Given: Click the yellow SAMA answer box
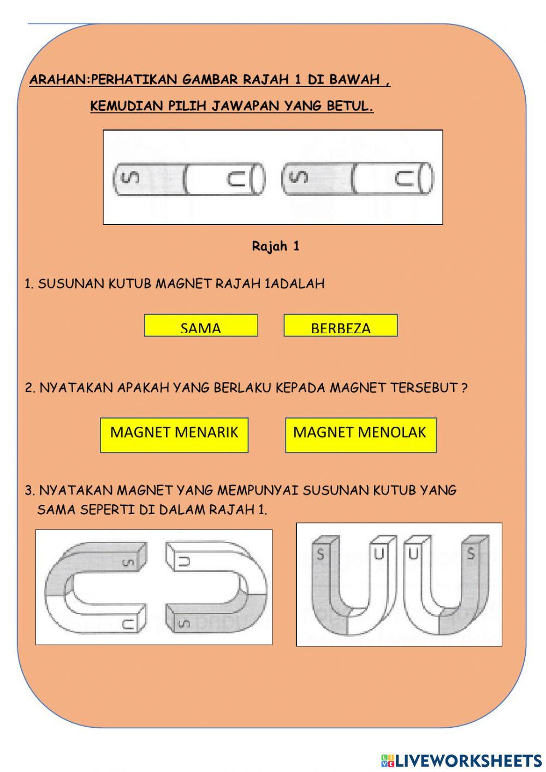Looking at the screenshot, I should pyautogui.click(x=201, y=326).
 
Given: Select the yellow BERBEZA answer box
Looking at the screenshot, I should pyautogui.click(x=341, y=326).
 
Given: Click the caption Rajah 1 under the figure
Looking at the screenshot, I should pyautogui.click(x=276, y=246).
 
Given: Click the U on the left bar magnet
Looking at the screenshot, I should pyautogui.click(x=237, y=179).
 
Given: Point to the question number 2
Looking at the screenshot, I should pyautogui.click(x=30, y=388).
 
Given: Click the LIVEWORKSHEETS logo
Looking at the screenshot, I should pyautogui.click(x=461, y=760).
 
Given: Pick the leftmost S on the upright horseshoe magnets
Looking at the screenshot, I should pyautogui.click(x=321, y=555).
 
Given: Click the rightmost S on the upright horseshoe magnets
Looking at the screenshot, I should pyautogui.click(x=471, y=555).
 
